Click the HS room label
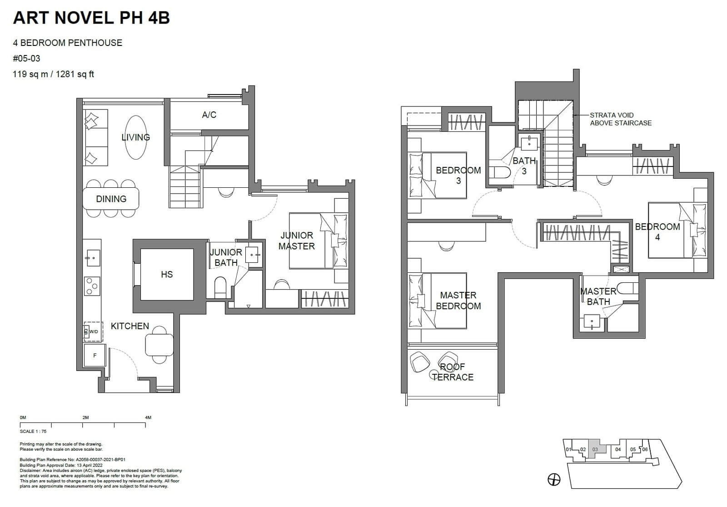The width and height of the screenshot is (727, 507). click(x=167, y=274)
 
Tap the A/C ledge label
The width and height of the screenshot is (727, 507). click(x=209, y=115)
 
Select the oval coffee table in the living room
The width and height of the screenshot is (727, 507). click(x=136, y=137)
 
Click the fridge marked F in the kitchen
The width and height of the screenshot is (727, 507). click(x=95, y=356)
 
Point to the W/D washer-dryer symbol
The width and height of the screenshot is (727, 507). click(x=93, y=331)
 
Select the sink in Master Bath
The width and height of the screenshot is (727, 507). click(x=592, y=323)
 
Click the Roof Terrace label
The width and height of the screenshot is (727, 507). click(x=453, y=372)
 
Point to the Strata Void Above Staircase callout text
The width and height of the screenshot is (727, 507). click(x=620, y=119)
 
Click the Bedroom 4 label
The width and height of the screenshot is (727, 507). click(x=657, y=231)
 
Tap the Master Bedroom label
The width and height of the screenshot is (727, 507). click(x=458, y=301)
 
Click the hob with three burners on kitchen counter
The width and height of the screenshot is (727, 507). click(x=92, y=286)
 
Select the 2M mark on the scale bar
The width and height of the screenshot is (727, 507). click(x=85, y=417)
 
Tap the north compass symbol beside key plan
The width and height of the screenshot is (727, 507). click(x=554, y=479)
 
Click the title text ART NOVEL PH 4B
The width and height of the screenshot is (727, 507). click(x=91, y=17)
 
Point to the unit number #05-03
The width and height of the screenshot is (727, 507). click(x=27, y=58)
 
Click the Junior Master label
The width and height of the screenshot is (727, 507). click(x=296, y=241)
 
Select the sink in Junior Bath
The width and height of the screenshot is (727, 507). click(x=252, y=255)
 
